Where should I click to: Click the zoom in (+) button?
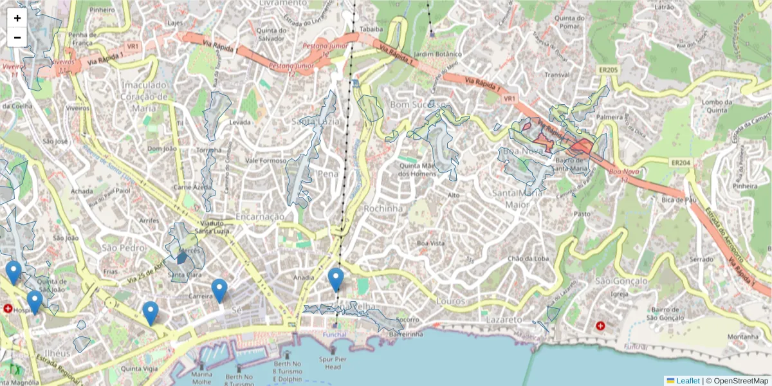pos(17,18)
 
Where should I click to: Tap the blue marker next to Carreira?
pos(219,291)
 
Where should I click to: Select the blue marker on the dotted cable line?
pos(335,280)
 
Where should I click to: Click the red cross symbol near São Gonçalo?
pos(601,326)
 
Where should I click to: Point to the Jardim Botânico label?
pos(439,54)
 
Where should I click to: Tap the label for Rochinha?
pos(383,208)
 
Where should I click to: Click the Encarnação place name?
pos(259,217)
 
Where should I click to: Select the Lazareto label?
pos(504,319)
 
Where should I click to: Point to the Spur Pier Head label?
pos(333,363)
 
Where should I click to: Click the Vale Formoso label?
pos(265,161)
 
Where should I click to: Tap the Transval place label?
pos(557,74)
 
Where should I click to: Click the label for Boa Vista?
pos(430,243)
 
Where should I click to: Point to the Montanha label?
pos(743,336)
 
